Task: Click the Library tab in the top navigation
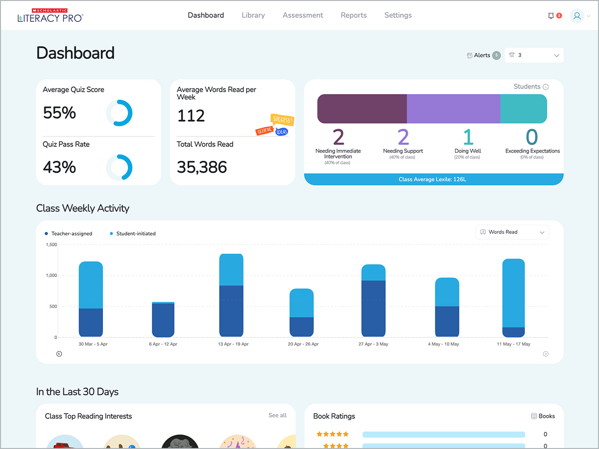[253, 15]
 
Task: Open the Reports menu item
[353, 15]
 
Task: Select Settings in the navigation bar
[398, 15]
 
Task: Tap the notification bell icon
[551, 16]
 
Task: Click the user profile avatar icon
[577, 16]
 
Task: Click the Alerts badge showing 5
[496, 55]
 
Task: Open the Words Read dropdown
[512, 232]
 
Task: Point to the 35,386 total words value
[202, 167]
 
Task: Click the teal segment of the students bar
[523, 109]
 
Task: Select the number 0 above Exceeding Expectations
[531, 137]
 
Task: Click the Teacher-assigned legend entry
[69, 234]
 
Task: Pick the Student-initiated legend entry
[133, 234]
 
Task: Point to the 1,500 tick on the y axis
[51, 245]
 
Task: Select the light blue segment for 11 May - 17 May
[513, 293]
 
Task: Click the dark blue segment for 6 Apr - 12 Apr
[163, 320]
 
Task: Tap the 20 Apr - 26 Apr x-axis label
[303, 344]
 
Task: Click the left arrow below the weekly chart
[59, 354]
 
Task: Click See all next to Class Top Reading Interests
[277, 415]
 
